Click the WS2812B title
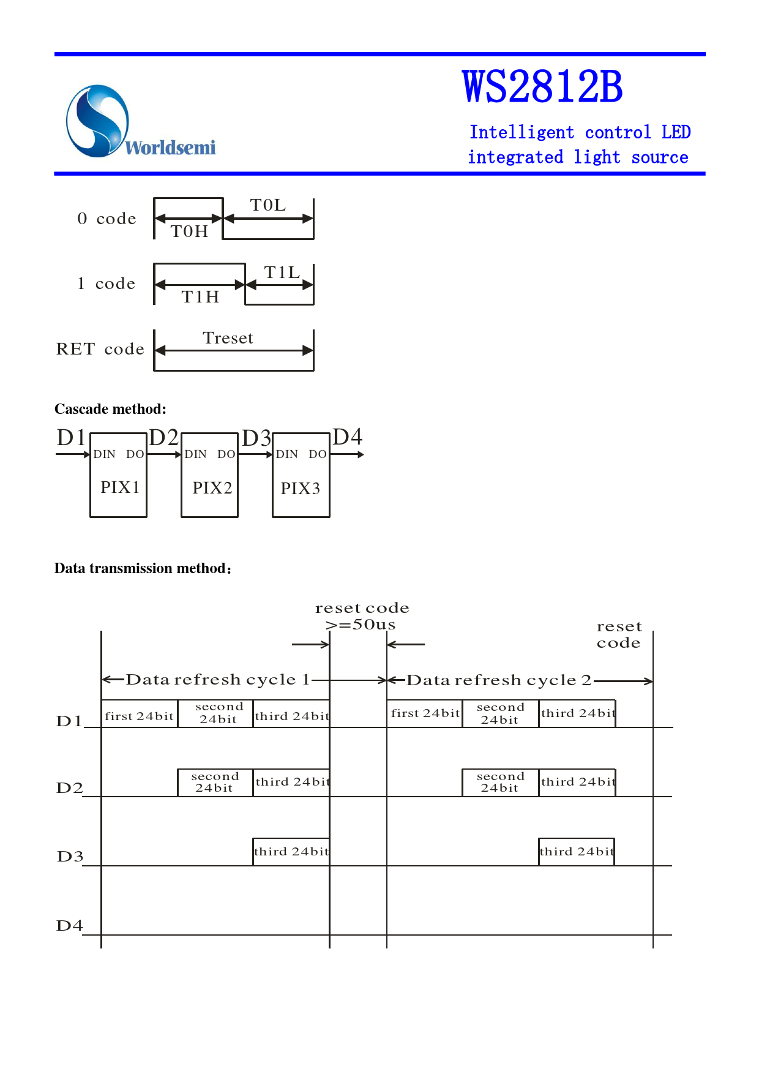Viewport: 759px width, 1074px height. pos(542,87)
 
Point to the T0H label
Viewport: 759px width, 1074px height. pos(189,231)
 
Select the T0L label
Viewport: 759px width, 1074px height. pos(268,205)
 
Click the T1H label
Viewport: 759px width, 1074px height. pos(200,297)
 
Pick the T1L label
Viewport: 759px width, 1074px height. pos(282,272)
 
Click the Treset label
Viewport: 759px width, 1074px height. pos(228,338)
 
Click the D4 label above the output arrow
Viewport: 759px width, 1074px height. pos(347,437)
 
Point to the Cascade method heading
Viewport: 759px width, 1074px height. pos(110,409)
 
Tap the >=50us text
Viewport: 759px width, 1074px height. pos(361,625)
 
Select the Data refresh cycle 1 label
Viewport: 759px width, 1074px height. pos(217,680)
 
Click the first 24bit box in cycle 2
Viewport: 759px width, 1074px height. pos(425,713)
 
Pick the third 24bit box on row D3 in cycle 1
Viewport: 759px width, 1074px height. pos(291,852)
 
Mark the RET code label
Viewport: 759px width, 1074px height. pos(100,349)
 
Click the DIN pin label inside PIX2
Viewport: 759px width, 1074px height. pos(196,454)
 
